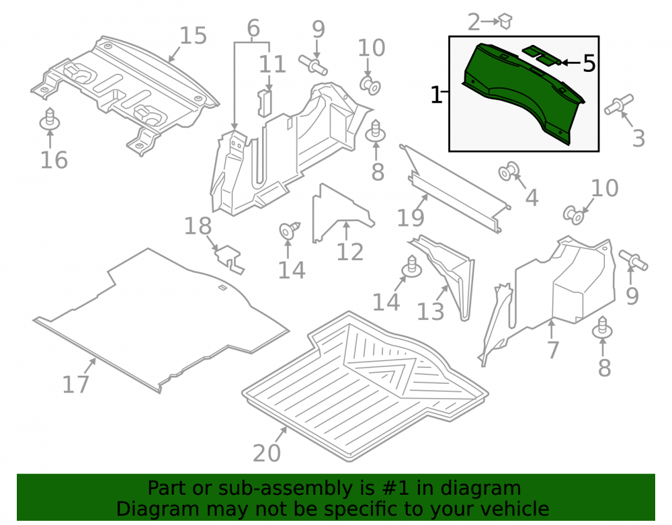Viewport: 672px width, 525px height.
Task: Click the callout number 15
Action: tap(194, 36)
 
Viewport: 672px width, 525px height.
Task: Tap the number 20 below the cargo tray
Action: tap(267, 453)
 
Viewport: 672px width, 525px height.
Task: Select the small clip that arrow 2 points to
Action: tap(505, 21)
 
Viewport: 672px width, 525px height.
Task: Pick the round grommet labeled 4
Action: tap(509, 171)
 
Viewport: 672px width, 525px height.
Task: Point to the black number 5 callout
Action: tap(589, 63)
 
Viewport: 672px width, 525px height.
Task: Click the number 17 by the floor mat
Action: tap(76, 384)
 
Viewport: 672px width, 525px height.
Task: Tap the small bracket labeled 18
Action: tap(229, 259)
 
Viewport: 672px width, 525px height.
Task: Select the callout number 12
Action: tap(350, 251)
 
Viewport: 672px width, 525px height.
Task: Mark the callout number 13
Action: tap(431, 311)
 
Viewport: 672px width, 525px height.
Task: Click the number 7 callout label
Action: tap(553, 350)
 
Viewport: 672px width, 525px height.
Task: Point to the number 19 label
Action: tap(411, 218)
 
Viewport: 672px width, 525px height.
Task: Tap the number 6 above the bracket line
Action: tap(253, 28)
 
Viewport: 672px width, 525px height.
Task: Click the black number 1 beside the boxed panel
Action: tap(436, 95)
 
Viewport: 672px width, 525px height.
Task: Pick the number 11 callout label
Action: tap(273, 65)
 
